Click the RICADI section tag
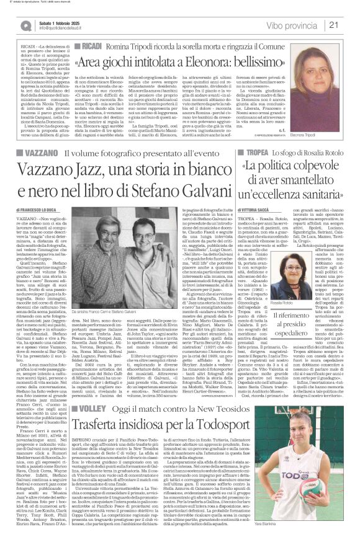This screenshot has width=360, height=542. point(89,47)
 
